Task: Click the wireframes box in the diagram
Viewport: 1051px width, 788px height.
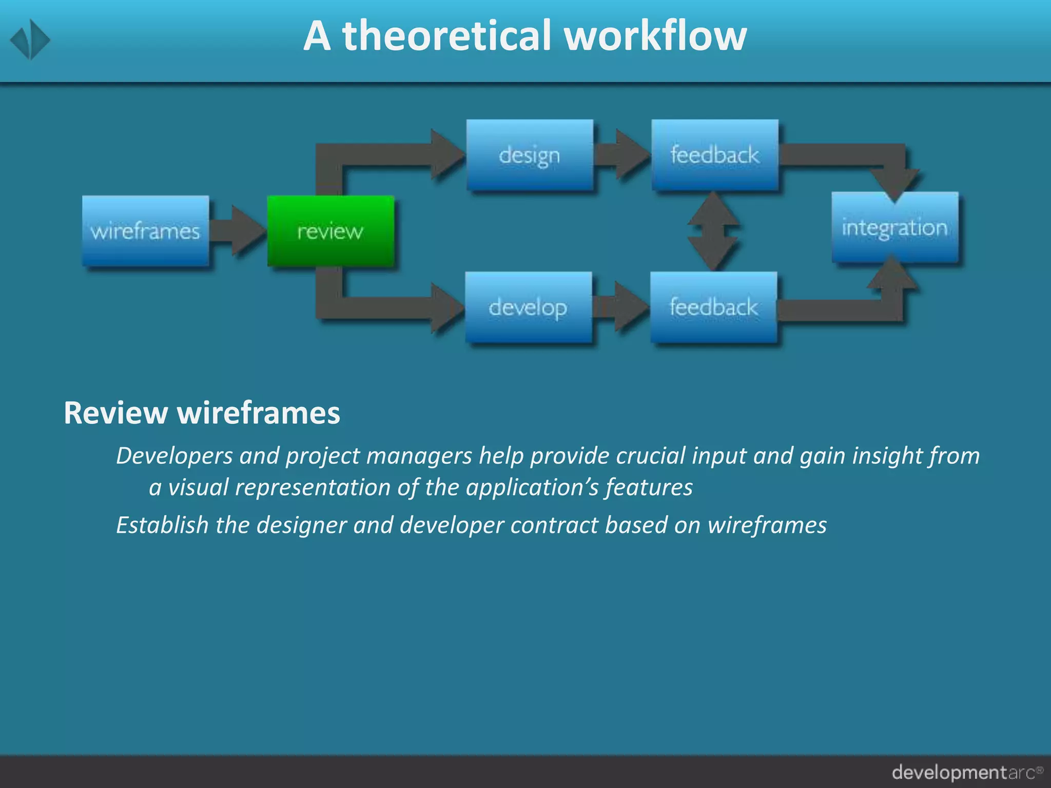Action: click(145, 231)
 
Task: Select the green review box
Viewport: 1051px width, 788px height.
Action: click(330, 231)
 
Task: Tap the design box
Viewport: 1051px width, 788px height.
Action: click(530, 155)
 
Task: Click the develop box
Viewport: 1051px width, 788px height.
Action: click(528, 307)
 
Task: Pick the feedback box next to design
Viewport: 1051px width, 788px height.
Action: click(715, 155)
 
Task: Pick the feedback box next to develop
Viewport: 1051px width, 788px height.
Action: click(713, 307)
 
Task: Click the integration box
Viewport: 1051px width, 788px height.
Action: click(894, 227)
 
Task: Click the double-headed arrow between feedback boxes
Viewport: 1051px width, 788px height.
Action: click(713, 231)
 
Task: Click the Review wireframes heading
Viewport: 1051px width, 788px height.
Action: click(202, 412)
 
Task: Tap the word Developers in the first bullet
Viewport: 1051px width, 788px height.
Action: click(174, 456)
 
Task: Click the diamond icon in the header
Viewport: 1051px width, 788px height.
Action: click(30, 40)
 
